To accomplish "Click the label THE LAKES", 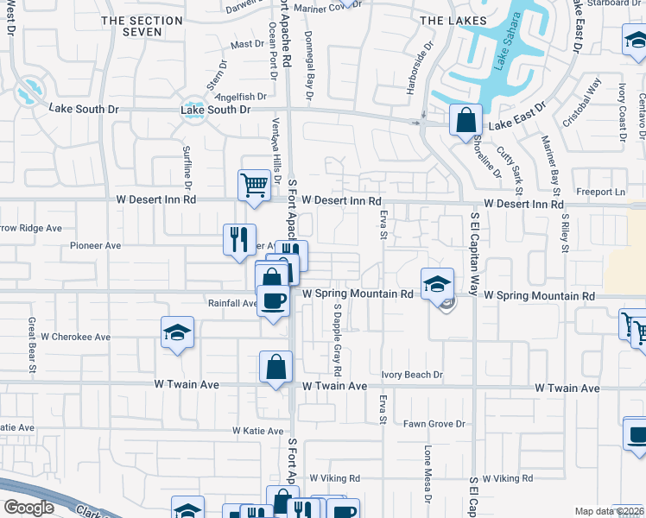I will [453, 20].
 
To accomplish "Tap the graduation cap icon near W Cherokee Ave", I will [177, 333].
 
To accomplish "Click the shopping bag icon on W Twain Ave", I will [275, 366].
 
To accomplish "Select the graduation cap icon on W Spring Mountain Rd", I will [438, 284].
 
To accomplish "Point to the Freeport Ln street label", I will [601, 192].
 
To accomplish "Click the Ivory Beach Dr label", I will [413, 375].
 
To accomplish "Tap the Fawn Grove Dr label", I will [434, 424].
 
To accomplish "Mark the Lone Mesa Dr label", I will [427, 471].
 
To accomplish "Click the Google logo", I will [28, 508].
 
